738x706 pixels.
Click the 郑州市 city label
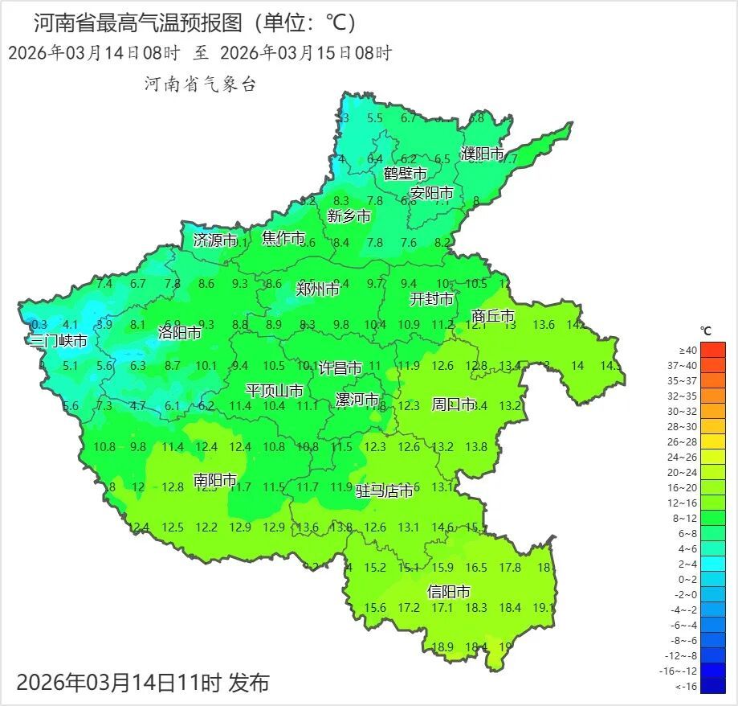click(x=317, y=289)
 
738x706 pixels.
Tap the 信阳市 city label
click(x=449, y=592)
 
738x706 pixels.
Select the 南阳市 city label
click(x=215, y=480)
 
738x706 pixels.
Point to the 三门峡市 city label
click(x=57, y=340)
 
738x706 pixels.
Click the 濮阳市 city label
click(x=482, y=154)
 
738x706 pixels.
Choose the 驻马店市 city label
click(x=385, y=490)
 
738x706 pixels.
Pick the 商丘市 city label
click(x=493, y=317)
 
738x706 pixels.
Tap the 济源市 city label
click(x=215, y=240)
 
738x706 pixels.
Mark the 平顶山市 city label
click(x=274, y=391)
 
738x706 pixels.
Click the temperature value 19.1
click(x=543, y=608)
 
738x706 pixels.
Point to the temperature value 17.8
click(x=510, y=568)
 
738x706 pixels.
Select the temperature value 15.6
click(x=375, y=608)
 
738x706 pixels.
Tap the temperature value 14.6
click(x=442, y=527)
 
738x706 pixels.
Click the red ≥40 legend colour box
click(x=712, y=350)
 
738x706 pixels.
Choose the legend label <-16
click(x=688, y=686)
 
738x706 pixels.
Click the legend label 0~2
click(x=688, y=579)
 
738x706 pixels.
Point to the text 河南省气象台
click(x=200, y=84)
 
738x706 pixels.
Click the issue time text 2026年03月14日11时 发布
click(x=143, y=683)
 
